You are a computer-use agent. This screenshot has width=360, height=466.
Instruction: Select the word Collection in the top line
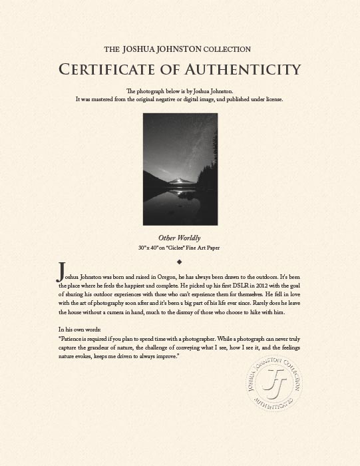click(x=228, y=49)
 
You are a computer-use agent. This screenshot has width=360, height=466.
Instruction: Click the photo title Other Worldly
click(x=180, y=238)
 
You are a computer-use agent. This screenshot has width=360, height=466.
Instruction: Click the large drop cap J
click(x=62, y=271)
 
